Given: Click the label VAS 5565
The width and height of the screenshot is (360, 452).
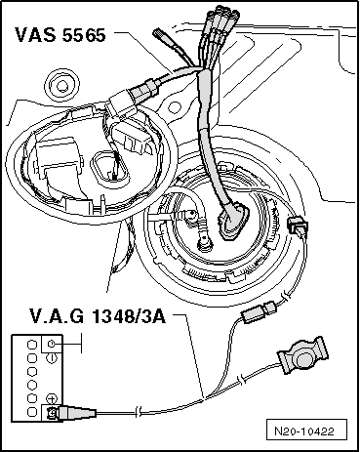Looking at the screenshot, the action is (63, 35).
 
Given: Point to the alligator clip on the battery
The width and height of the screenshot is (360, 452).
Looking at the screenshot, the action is (68, 414).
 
